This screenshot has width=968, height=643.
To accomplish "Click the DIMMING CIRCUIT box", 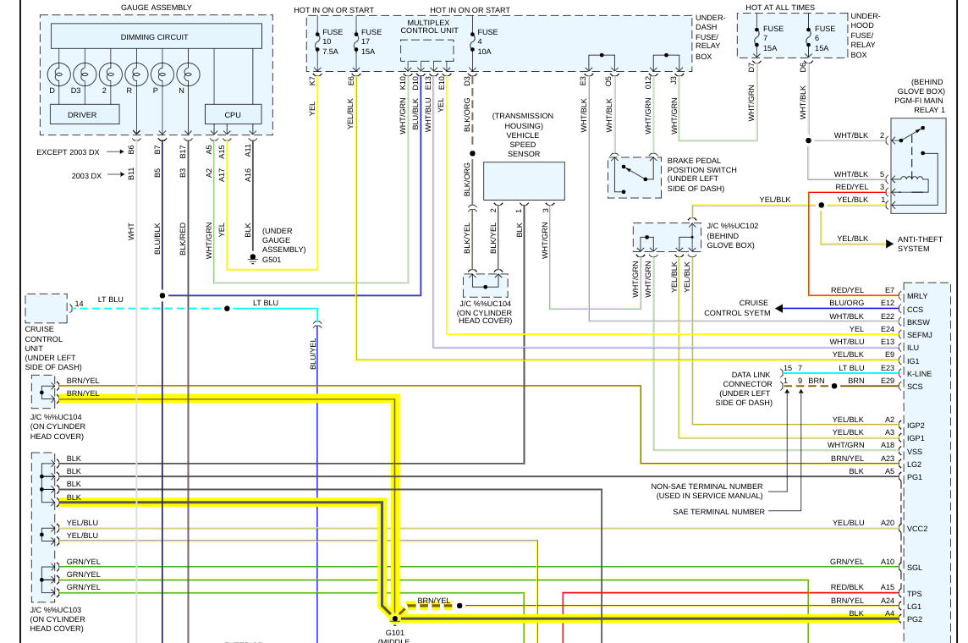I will pos(156,37).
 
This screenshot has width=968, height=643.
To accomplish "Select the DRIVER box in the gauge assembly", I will pos(84,114).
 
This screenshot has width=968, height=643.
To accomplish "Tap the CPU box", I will pos(232,114).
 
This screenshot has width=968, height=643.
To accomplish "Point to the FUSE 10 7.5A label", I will pos(332,41).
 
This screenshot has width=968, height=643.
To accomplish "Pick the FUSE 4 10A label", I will pos(487,41).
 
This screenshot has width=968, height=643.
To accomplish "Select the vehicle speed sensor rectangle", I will pos(524,181).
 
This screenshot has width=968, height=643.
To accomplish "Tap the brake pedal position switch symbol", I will pos(635,176).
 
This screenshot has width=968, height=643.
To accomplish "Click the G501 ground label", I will pos(272,260).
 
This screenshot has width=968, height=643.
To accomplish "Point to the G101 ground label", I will pos(395,632).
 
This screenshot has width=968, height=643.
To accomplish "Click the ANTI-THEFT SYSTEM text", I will pos(913,244).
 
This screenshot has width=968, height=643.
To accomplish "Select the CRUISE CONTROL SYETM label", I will pos(737,308).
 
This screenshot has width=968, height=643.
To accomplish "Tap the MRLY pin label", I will pos(917,296).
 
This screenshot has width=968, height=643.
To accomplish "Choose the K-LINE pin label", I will pos(920,374).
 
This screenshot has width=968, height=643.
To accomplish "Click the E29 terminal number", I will pos(887,381).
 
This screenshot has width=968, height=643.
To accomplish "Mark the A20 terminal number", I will pos(887,523).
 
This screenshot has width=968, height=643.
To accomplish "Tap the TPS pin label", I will pos(915,594).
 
